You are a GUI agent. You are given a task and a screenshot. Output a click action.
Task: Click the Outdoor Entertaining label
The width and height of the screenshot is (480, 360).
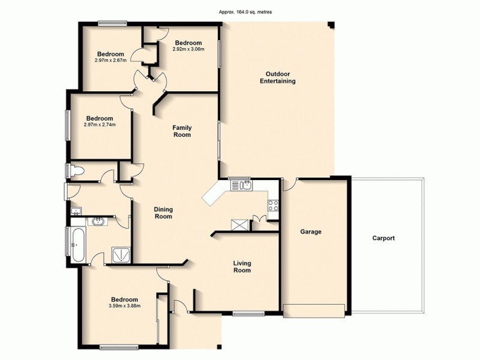(277, 77)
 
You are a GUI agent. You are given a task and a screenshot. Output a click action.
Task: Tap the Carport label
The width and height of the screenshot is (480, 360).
(383, 238)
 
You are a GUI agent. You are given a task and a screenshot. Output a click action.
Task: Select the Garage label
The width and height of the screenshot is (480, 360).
(311, 232)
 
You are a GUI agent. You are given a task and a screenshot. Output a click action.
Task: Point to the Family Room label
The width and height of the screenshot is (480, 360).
(182, 131)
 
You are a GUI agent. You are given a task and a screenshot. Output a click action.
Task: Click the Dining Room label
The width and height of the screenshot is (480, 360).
(163, 212)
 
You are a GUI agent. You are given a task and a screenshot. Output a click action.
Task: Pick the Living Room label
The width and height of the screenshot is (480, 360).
(242, 266)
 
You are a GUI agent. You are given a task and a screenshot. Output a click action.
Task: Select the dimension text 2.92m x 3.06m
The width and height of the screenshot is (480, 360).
(188, 49)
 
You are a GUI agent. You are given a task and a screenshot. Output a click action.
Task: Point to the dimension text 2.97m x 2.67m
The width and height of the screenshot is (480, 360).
(110, 60)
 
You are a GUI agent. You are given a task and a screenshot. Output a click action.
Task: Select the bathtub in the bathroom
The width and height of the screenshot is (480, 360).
(77, 245)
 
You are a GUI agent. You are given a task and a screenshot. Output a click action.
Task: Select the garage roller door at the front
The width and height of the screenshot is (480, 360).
(314, 310)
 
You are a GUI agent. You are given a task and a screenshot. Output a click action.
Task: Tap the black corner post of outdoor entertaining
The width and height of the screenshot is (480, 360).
(331, 25)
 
